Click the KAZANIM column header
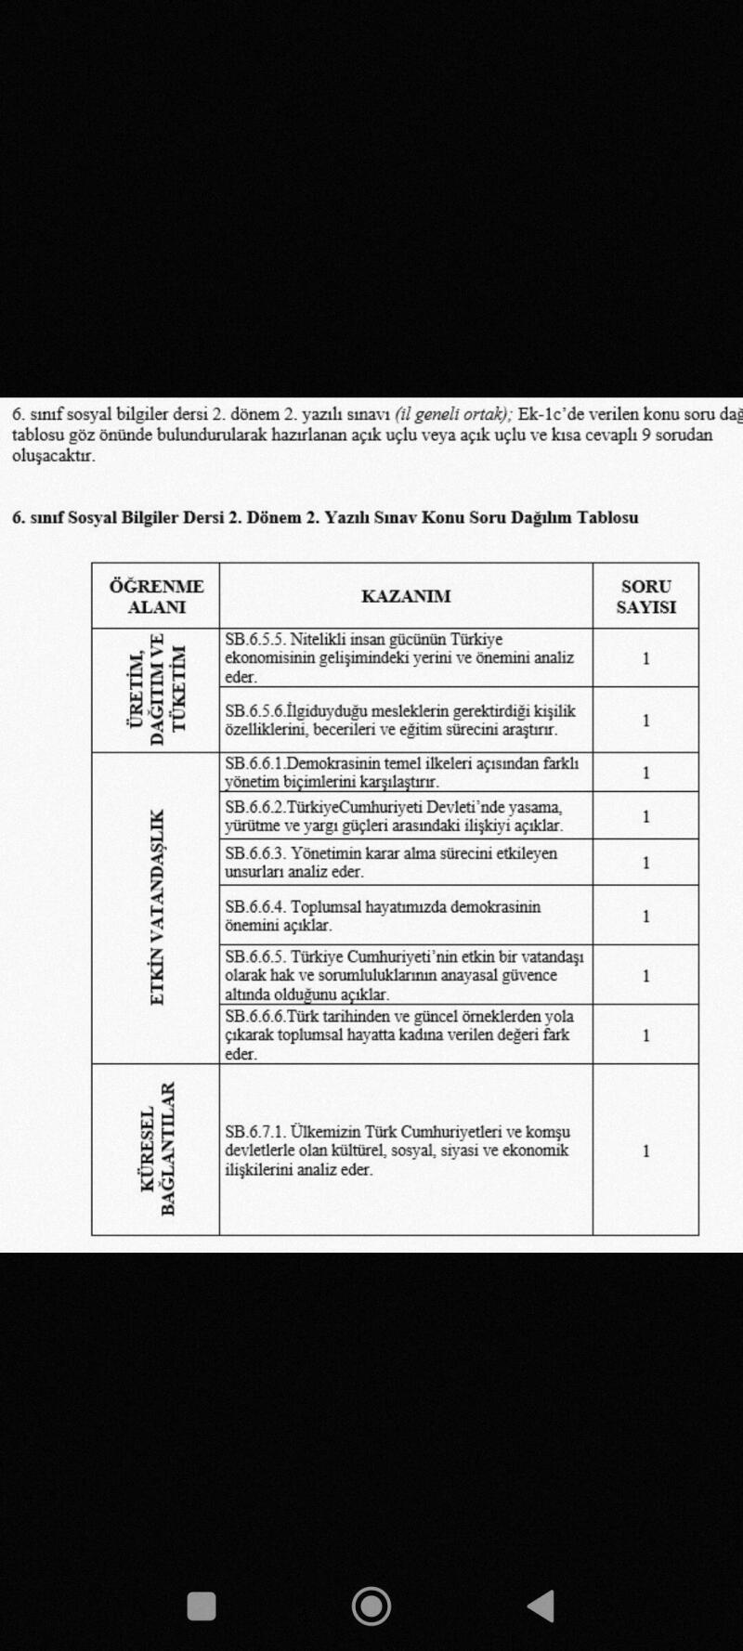point(406,596)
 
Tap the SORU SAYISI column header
point(645,596)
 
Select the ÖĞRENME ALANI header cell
point(156,596)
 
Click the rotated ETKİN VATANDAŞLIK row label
point(157,907)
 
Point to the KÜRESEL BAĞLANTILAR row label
point(157,1149)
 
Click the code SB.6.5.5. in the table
point(255,640)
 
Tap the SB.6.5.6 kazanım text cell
point(399,720)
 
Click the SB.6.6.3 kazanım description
point(390,862)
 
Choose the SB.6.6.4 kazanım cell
point(382,916)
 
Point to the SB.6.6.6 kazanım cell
point(398,1034)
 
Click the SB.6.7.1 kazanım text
point(398,1150)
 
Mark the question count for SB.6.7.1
point(645,1150)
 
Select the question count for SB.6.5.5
point(645,658)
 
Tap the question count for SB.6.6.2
point(645,816)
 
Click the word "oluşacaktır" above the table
point(53,456)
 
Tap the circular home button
point(371,1605)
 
